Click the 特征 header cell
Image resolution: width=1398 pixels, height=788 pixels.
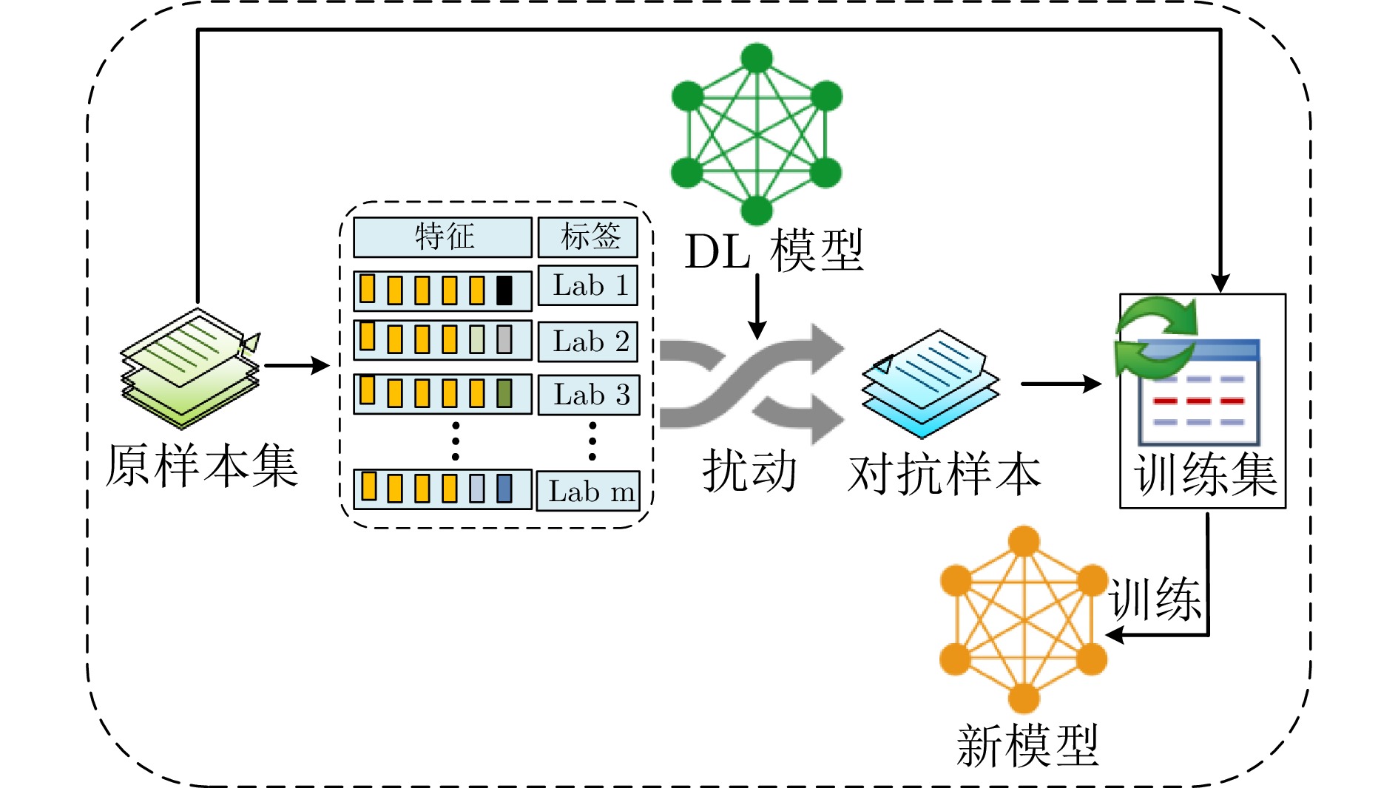click(442, 237)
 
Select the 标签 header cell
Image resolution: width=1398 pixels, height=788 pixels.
click(587, 237)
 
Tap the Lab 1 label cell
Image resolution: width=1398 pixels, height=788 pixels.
click(587, 285)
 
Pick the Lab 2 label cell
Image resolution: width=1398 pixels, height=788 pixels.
click(588, 342)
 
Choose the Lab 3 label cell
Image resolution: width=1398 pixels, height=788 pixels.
click(589, 395)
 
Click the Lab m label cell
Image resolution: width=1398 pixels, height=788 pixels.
click(588, 491)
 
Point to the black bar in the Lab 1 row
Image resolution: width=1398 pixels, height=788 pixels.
click(504, 291)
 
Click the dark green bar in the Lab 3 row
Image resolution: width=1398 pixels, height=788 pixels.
click(504, 393)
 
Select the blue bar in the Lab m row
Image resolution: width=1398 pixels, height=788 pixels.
click(504, 489)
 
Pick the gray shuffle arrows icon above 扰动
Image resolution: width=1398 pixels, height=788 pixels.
click(751, 384)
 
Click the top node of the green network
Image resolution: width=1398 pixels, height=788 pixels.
click(757, 58)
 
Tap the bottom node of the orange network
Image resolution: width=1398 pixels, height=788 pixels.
click(1024, 698)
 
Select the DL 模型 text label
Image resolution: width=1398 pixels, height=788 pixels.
click(774, 251)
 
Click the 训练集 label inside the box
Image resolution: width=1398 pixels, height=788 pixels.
click(1205, 475)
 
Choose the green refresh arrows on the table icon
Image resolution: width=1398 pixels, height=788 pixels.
click(1155, 336)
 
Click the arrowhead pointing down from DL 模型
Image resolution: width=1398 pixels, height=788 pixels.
click(757, 330)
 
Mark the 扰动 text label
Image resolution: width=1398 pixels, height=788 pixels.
click(749, 471)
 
